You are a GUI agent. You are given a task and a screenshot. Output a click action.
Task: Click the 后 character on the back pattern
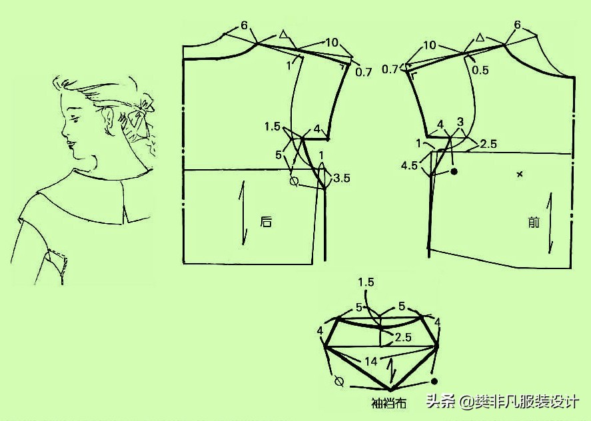(266, 222)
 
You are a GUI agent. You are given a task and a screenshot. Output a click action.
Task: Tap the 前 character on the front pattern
(534, 222)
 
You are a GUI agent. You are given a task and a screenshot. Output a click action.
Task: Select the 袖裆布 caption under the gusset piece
(388, 403)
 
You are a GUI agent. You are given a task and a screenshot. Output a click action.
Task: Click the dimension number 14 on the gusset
(371, 362)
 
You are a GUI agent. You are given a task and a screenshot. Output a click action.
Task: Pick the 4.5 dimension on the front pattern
(409, 165)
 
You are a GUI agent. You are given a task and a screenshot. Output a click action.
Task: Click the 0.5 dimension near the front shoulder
(480, 70)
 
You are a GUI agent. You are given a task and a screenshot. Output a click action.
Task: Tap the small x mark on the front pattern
(520, 174)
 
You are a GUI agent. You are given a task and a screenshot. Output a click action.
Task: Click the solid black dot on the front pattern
(454, 172)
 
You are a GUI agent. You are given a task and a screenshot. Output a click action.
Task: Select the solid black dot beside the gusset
(434, 382)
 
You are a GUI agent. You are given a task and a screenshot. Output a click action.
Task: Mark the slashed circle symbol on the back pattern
(295, 182)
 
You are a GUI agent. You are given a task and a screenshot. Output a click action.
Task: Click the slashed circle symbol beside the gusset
(339, 382)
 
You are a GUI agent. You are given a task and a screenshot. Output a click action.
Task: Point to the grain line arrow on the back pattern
(243, 213)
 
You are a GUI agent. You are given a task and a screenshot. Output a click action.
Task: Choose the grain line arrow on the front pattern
(550, 222)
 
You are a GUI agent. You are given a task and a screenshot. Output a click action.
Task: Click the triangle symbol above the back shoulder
(283, 35)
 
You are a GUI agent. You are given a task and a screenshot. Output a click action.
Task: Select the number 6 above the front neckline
(517, 25)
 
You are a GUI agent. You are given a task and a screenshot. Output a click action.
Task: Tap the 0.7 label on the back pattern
(364, 72)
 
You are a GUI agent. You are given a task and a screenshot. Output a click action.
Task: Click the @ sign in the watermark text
(467, 402)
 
